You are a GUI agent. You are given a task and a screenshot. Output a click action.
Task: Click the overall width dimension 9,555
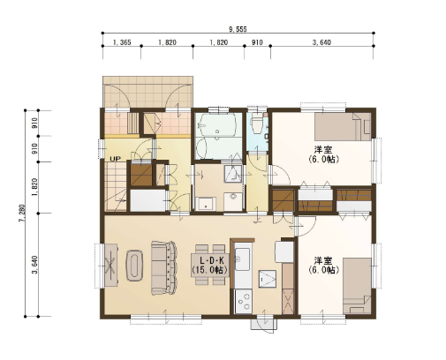238,29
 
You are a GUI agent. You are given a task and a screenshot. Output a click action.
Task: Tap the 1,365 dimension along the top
122,42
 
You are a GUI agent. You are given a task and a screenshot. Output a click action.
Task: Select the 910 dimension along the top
257,42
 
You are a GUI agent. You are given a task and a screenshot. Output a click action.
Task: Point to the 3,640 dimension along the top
321,42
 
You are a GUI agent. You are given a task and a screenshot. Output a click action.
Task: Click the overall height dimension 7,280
23,214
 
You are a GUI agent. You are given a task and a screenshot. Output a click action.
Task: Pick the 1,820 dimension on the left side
35,187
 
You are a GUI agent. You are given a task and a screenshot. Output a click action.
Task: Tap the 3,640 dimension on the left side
35,265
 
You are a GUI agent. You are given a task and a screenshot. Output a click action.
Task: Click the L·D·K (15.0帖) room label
209,266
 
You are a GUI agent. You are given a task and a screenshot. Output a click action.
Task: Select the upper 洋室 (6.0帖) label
323,154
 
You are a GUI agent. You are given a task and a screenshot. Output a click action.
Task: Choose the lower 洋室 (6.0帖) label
323,266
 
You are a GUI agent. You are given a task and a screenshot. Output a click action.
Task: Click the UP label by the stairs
115,159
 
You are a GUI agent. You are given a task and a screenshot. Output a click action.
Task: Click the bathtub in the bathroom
218,124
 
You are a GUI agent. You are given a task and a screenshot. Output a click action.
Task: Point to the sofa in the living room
164,267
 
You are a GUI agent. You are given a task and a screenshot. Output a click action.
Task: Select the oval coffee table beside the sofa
134,266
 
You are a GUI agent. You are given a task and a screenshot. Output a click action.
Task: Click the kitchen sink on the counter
242,259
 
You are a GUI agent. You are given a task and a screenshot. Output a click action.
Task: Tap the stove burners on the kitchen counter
244,302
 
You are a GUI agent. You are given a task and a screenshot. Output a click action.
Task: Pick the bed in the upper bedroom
343,127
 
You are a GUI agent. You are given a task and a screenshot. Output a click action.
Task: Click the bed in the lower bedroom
357,286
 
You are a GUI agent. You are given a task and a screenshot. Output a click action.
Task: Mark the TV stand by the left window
111,265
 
